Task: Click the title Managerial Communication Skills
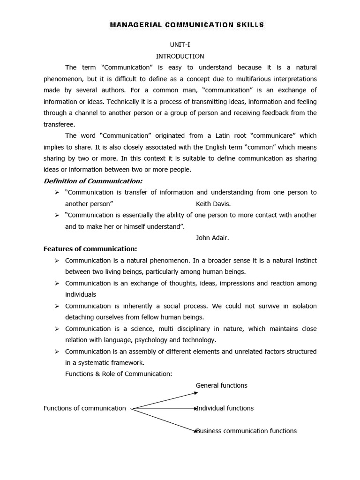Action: [187, 24]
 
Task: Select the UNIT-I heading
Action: [180, 45]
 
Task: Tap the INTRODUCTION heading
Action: [180, 56]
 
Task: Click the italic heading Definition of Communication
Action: [93, 181]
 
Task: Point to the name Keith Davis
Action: [213, 204]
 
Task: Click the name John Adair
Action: [212, 238]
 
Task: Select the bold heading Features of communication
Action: [90, 249]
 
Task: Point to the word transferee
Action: [59, 124]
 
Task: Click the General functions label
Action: [221, 385]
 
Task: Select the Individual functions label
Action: [225, 408]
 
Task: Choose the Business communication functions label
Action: [247, 431]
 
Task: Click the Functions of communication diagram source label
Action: [84, 408]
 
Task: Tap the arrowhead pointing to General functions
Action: [196, 393]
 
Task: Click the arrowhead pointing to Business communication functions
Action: [196, 430]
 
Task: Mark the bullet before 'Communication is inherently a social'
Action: [56, 306]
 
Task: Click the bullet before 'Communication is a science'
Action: [56, 329]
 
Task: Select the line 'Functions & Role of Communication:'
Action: [119, 374]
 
